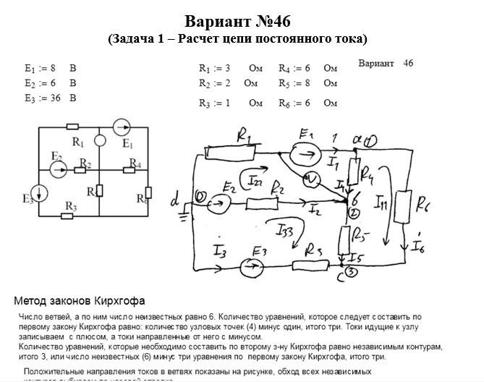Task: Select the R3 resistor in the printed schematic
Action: tap(71, 216)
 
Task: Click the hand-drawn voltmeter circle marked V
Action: tap(313, 178)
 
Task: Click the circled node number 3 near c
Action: tap(352, 273)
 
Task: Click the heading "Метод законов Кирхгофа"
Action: tap(80, 300)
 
